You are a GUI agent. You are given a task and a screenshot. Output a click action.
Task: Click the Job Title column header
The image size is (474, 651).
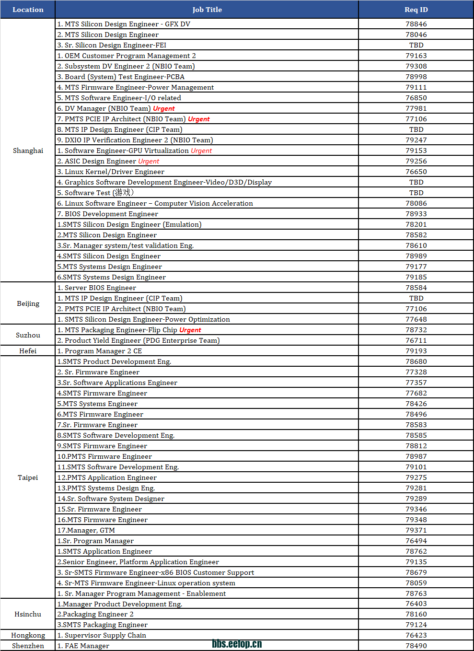[x=207, y=10]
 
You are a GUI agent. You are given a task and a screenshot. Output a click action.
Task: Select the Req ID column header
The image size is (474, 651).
[x=416, y=10]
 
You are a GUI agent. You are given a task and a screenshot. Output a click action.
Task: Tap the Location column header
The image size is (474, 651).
[x=28, y=10]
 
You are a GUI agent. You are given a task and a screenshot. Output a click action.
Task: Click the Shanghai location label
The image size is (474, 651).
[x=28, y=151]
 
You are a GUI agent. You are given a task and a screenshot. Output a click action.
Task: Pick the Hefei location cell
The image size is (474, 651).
[x=28, y=351]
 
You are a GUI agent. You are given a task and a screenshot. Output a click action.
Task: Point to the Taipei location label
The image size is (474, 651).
[x=28, y=477]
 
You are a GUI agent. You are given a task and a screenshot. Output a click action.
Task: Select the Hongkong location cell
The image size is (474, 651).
[x=28, y=635]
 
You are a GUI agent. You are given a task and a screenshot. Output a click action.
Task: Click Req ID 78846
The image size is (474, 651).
[x=416, y=24]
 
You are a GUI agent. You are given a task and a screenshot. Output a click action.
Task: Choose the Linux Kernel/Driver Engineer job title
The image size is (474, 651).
[x=111, y=172]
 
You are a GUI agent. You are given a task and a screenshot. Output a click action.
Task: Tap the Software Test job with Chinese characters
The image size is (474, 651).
[x=95, y=193]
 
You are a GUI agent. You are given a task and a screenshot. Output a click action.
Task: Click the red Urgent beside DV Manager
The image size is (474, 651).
[x=163, y=108]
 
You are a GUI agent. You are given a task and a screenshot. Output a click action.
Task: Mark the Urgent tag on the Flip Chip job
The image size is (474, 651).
[x=190, y=330]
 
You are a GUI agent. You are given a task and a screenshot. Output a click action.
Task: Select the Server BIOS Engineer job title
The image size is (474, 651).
[x=96, y=288]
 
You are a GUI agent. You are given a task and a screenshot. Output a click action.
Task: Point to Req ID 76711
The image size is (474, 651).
[x=416, y=340]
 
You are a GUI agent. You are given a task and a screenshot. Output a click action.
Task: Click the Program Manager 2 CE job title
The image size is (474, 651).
[x=99, y=351]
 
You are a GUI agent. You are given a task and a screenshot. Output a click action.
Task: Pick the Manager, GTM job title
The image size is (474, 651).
[x=86, y=530]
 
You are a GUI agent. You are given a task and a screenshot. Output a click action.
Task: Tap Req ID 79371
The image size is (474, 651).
[x=416, y=530]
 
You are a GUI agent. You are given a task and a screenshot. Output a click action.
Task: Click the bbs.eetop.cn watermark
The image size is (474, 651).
[x=237, y=644]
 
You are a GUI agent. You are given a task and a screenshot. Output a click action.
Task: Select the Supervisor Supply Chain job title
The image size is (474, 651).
[x=102, y=635]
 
